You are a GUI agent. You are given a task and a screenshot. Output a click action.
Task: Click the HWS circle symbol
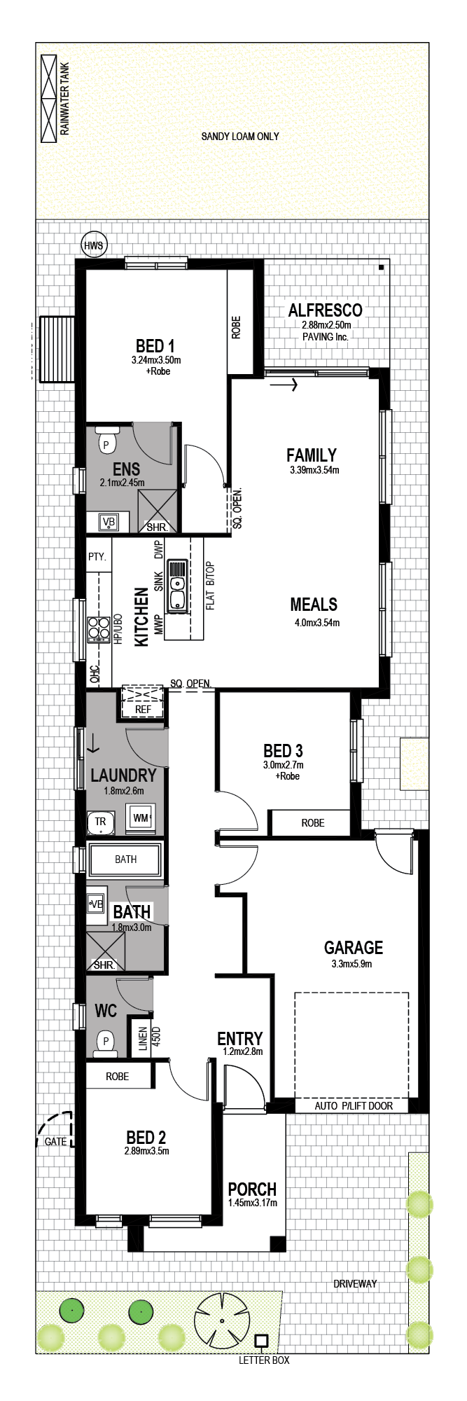[93, 245]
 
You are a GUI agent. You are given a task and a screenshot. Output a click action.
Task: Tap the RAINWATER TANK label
[65, 99]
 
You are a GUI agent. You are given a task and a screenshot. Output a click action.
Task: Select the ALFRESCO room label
[326, 310]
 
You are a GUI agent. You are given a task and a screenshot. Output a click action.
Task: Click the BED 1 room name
[155, 345]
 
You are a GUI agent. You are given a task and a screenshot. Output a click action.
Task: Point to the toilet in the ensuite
[106, 441]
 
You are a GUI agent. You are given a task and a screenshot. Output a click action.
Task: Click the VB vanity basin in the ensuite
[109, 522]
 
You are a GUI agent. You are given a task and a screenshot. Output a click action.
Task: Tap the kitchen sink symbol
[177, 585]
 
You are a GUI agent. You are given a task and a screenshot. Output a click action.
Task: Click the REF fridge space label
[143, 709]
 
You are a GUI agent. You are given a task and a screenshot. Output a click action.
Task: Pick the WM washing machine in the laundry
[141, 817]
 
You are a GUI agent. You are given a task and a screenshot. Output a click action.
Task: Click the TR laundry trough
[102, 822]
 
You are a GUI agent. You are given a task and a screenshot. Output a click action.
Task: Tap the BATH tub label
[126, 859]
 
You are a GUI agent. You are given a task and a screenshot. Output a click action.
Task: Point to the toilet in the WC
[106, 1043]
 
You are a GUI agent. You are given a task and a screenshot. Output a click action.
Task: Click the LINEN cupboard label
[144, 1039]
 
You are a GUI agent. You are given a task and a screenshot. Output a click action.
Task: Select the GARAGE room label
[354, 948]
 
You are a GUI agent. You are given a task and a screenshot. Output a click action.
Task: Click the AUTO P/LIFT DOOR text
[354, 1105]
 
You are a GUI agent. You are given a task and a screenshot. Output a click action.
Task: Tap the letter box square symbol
[261, 1341]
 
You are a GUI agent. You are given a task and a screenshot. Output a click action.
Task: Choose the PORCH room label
[252, 1189]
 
